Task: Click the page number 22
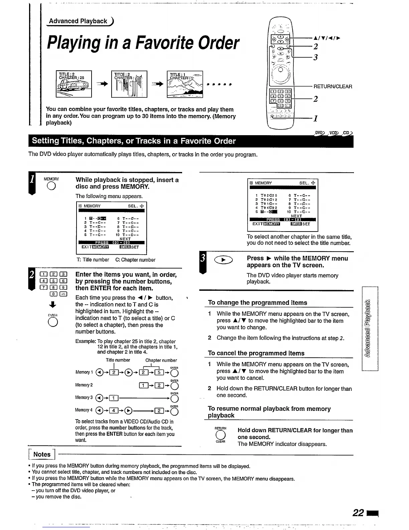tap(358, 512)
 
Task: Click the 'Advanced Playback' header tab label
tap(78, 21)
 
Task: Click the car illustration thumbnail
tap(74, 84)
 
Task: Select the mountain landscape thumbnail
tap(185, 84)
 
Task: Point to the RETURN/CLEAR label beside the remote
tap(332, 86)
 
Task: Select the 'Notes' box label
tap(42, 454)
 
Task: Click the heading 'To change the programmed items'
tap(257, 302)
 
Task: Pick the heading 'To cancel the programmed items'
tap(256, 353)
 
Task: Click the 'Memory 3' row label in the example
tap(84, 397)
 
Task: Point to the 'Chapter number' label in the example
tap(161, 360)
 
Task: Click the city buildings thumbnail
tap(129, 84)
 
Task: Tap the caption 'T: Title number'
tap(93, 260)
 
